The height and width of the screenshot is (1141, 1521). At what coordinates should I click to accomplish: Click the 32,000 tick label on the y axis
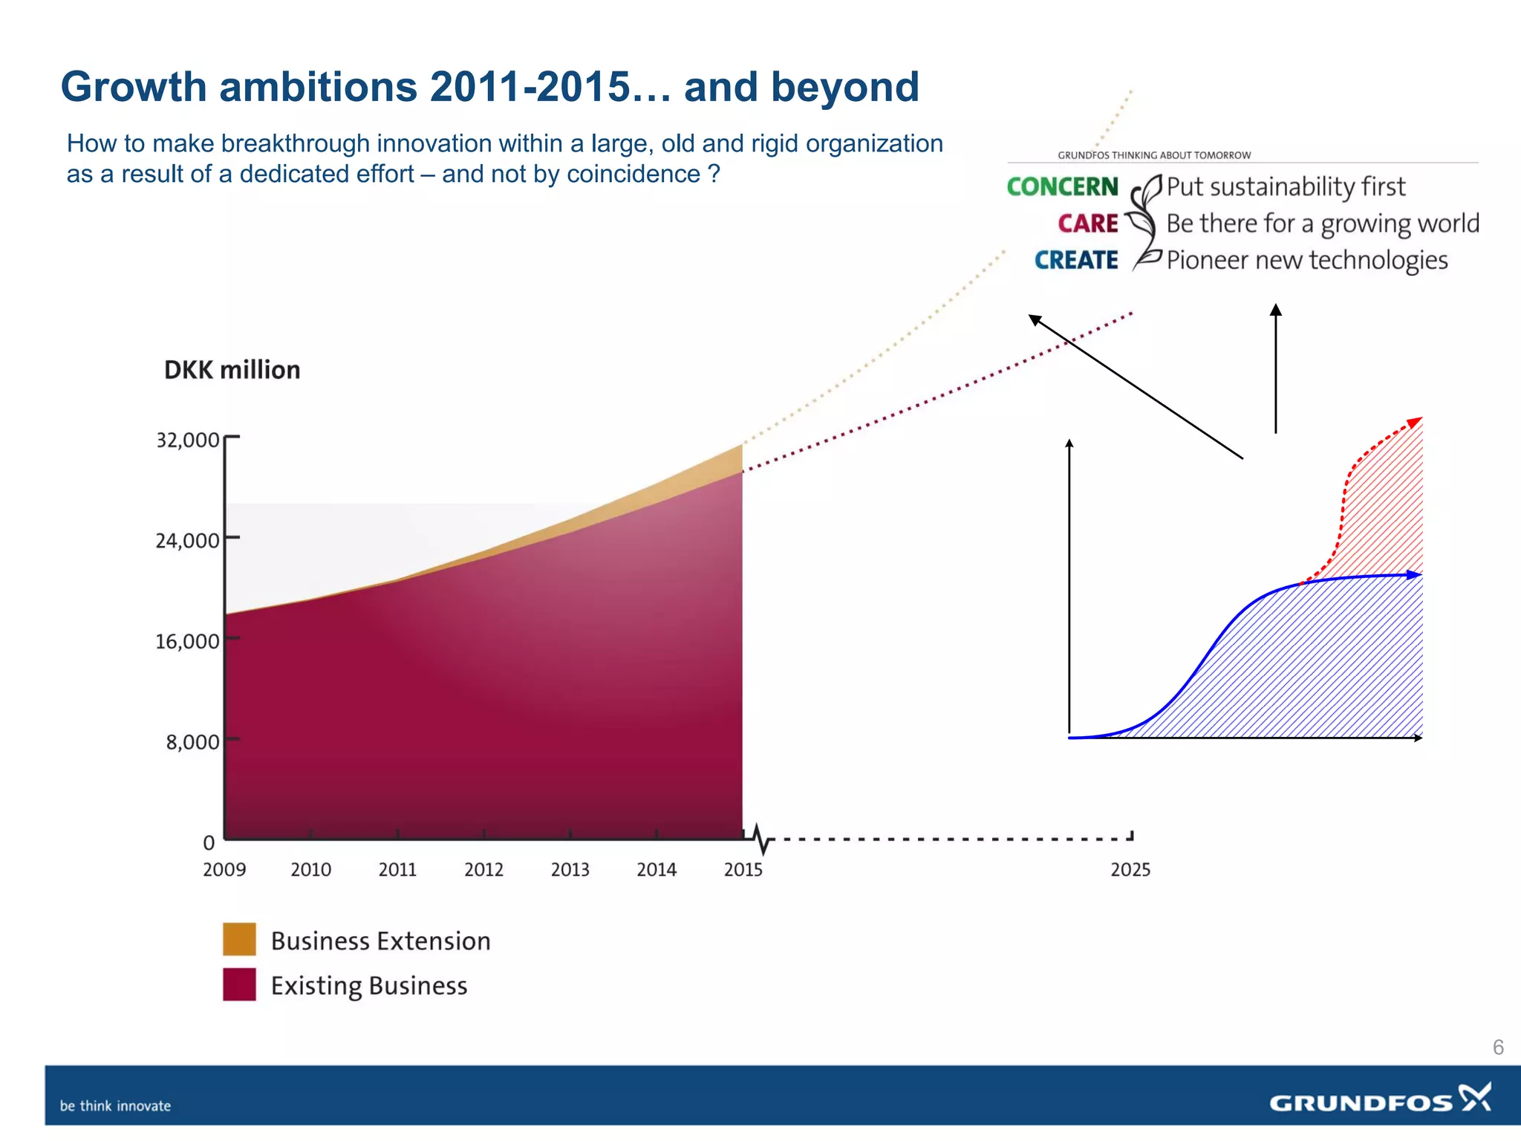click(x=187, y=441)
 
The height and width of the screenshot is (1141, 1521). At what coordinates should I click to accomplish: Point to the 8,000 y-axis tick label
click(x=192, y=742)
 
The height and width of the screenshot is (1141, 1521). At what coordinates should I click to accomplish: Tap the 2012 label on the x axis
click(x=483, y=869)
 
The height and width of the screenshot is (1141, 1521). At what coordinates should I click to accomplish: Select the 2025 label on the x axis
click(x=1130, y=870)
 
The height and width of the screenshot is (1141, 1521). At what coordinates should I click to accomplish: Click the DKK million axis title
click(x=232, y=370)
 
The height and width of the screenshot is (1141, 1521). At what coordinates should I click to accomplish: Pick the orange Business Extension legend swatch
click(x=239, y=939)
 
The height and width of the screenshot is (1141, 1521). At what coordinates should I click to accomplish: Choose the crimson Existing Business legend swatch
click(x=239, y=984)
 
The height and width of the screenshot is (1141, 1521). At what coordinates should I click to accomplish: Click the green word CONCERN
click(x=1062, y=186)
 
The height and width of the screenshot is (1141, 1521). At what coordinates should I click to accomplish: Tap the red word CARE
click(x=1087, y=224)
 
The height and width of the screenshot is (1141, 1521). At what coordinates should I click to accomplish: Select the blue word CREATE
click(x=1075, y=260)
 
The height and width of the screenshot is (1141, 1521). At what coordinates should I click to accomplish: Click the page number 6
click(x=1498, y=1047)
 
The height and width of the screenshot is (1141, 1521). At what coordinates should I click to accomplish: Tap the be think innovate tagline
click(x=115, y=1106)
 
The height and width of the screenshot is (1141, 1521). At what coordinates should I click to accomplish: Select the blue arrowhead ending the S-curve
click(x=1415, y=574)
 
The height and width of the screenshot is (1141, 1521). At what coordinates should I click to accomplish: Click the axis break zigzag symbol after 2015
click(x=762, y=839)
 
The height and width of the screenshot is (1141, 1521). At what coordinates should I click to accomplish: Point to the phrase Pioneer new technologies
click(x=1306, y=260)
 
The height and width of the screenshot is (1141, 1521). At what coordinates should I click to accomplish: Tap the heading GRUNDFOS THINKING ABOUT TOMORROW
click(x=1153, y=155)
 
